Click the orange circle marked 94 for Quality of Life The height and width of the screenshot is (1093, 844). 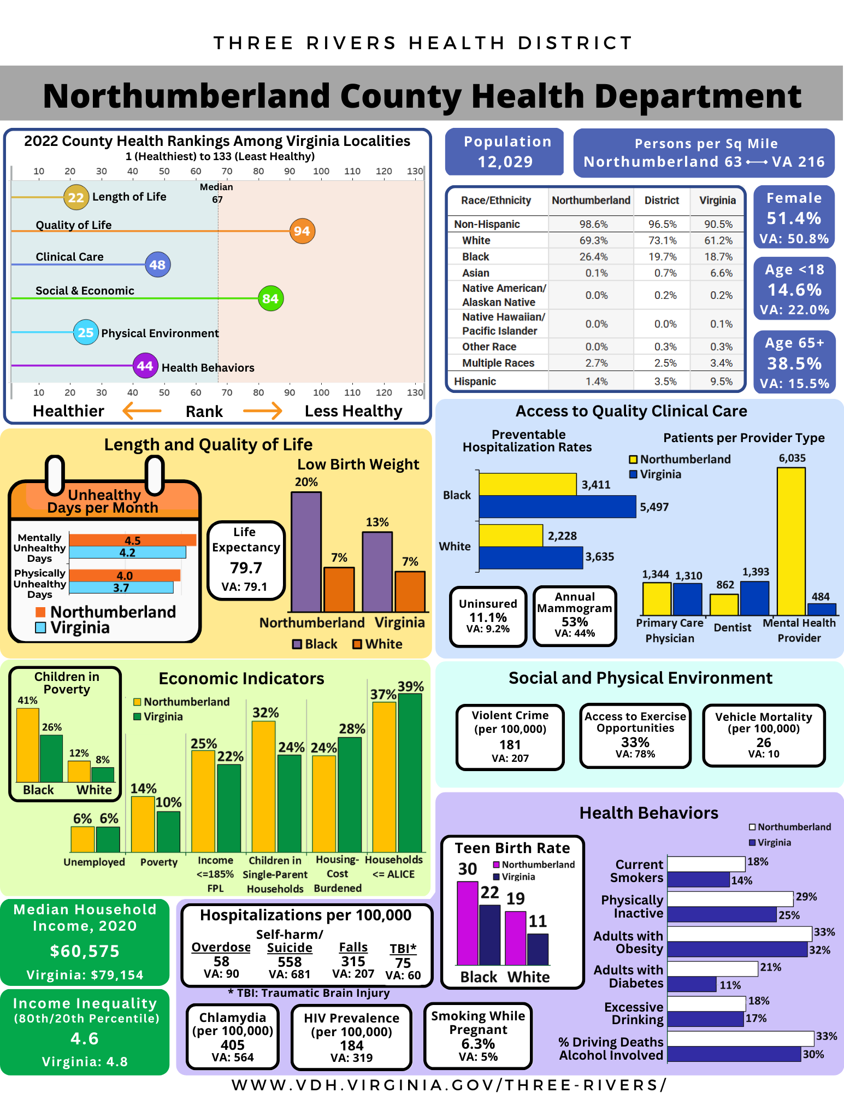pyautogui.click(x=302, y=231)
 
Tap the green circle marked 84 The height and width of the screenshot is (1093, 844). pyautogui.click(x=270, y=298)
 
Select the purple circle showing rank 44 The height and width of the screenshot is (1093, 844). pyautogui.click(x=145, y=366)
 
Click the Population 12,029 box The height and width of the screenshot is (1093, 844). pyautogui.click(x=504, y=152)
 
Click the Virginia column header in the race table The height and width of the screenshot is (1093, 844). pyautogui.click(x=717, y=201)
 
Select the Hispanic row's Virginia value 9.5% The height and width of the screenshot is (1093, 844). pyautogui.click(x=721, y=381)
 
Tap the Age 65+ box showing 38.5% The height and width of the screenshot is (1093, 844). pyautogui.click(x=794, y=362)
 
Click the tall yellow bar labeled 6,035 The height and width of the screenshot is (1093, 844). pyautogui.click(x=790, y=541)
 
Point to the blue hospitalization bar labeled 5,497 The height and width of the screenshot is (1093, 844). pyautogui.click(x=557, y=507)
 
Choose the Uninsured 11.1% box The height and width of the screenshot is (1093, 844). pyautogui.click(x=488, y=616)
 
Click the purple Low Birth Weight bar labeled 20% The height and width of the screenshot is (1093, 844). pyautogui.click(x=306, y=552)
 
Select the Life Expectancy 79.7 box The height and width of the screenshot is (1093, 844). pyautogui.click(x=246, y=561)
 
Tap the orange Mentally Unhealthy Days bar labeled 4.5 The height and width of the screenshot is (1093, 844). pyautogui.click(x=132, y=540)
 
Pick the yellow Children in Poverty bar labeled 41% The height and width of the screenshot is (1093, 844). pyautogui.click(x=28, y=745)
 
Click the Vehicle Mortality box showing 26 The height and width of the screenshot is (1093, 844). pyautogui.click(x=763, y=736)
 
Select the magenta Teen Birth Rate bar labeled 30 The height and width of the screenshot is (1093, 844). pyautogui.click(x=467, y=924)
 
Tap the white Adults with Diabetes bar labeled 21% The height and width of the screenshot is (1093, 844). pyautogui.click(x=712, y=968)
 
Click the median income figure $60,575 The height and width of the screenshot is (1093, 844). pyautogui.click(x=85, y=951)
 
